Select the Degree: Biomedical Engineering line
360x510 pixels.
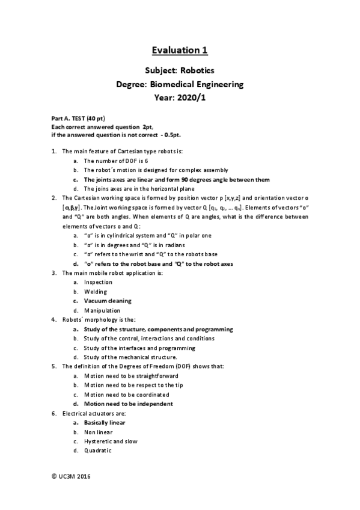coord(180,85)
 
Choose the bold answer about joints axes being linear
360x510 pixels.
coord(177,179)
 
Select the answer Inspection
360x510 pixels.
coord(98,282)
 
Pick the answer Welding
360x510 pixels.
coord(96,291)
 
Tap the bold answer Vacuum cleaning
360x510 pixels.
coord(108,301)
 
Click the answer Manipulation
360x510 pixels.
coord(102,310)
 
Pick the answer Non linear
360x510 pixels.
coord(98,432)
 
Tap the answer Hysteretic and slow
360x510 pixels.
coord(111,441)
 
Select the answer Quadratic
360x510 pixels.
coord(97,450)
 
